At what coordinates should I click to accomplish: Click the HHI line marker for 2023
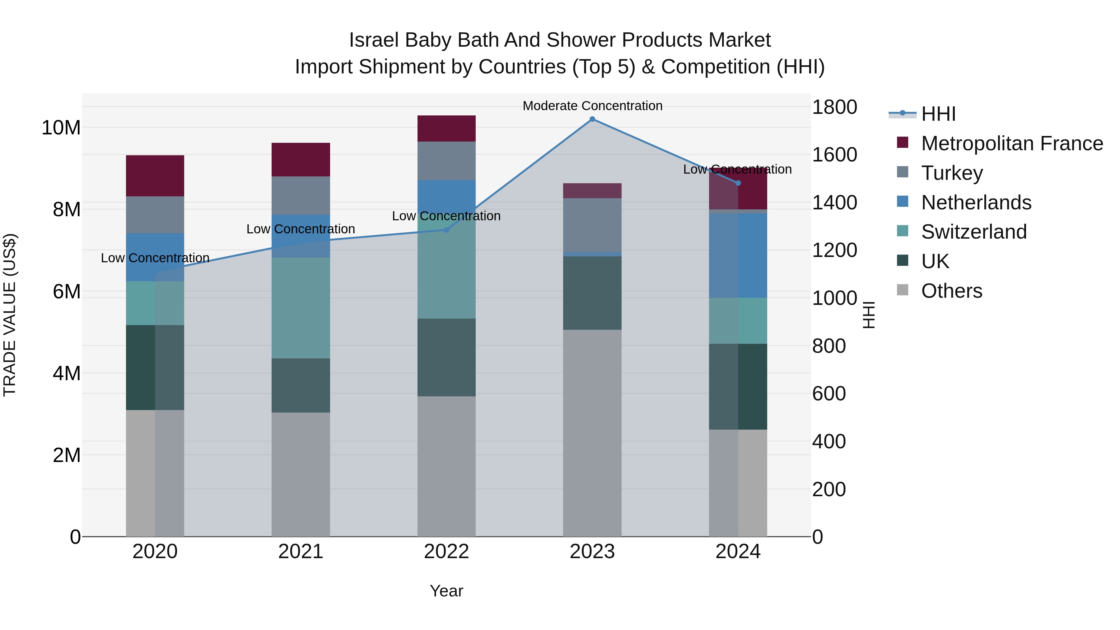click(x=592, y=119)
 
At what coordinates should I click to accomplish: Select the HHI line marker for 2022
click(x=446, y=230)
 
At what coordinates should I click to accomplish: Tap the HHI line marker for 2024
click(x=738, y=183)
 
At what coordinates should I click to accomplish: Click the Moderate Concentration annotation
click(x=592, y=106)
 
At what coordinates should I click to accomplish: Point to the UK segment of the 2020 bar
click(x=155, y=367)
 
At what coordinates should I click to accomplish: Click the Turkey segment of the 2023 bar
click(x=592, y=225)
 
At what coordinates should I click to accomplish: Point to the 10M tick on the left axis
click(x=61, y=128)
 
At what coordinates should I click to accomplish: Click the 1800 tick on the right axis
click(x=834, y=107)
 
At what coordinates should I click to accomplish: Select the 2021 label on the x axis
click(x=301, y=552)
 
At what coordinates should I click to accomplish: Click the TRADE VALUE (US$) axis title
click(x=10, y=315)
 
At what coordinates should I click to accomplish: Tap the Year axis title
click(x=446, y=591)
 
